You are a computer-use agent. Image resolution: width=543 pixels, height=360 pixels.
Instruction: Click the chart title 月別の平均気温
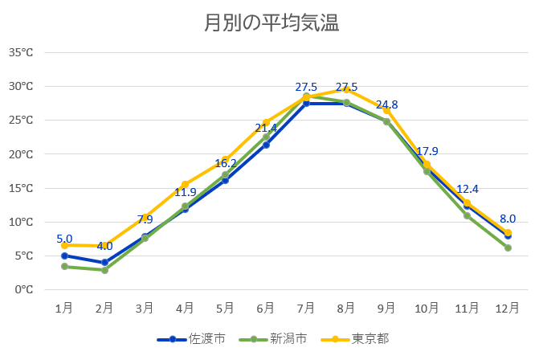tap(271, 23)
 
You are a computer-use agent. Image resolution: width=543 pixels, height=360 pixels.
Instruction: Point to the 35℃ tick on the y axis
tap(21, 52)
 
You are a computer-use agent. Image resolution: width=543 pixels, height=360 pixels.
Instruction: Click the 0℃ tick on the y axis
tap(23, 289)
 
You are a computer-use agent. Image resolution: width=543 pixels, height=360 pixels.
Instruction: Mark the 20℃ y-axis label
tap(21, 154)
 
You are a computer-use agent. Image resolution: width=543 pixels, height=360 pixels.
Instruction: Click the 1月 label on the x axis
tap(64, 308)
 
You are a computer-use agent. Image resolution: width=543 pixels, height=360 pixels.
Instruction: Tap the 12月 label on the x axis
tap(508, 308)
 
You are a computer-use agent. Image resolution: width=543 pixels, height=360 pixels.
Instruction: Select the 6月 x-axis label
tap(266, 308)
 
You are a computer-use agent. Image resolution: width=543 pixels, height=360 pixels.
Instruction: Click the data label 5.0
tap(64, 239)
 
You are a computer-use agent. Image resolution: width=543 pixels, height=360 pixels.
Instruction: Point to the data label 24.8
tap(387, 104)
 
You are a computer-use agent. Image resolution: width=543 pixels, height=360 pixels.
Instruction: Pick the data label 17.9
tap(427, 151)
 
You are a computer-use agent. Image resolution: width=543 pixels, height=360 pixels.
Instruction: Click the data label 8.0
tap(508, 219)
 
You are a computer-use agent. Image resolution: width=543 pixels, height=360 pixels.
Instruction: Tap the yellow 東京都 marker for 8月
tap(346, 89)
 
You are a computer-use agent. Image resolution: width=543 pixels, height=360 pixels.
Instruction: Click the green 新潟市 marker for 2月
tap(104, 270)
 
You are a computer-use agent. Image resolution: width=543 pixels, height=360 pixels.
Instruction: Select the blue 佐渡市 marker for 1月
tap(64, 256)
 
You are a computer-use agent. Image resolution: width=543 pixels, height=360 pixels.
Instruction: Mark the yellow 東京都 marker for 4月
tap(185, 184)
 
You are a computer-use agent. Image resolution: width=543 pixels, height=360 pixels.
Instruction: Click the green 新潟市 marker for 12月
tap(508, 247)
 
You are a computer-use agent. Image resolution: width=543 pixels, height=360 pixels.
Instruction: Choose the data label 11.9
tap(185, 192)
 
